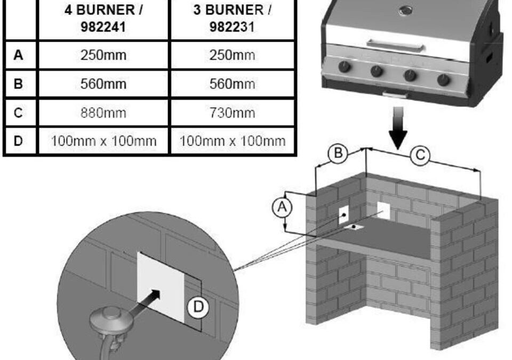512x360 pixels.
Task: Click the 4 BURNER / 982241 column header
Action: click(103, 19)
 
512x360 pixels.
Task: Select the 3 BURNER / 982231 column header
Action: click(232, 19)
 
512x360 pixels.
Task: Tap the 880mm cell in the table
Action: click(103, 113)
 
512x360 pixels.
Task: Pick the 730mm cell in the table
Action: click(232, 113)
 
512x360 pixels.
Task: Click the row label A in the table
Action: click(19, 55)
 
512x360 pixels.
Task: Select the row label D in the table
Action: click(19, 141)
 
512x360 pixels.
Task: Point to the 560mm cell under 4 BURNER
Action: click(103, 84)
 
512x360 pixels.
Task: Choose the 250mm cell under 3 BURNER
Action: click(232, 55)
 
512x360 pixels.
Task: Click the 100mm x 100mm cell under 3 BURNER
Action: click(232, 141)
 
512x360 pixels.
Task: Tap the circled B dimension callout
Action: click(338, 154)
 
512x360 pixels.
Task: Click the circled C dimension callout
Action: click(421, 156)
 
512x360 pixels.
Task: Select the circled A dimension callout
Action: click(282, 207)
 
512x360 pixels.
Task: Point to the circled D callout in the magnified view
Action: click(197, 307)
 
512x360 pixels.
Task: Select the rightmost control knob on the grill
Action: click(443, 81)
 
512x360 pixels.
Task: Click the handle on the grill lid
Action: click(395, 46)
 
